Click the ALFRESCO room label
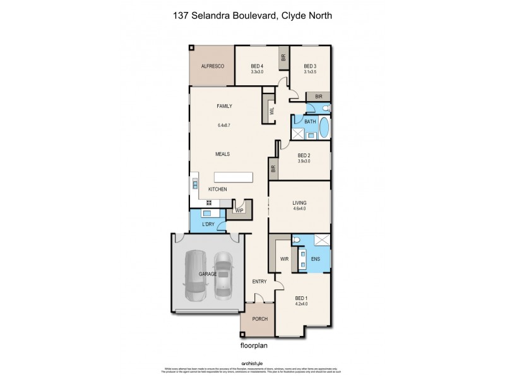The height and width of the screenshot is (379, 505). coord(213,66)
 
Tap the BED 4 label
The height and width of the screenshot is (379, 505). coord(256,66)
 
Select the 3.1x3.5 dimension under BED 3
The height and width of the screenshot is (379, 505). coord(309,73)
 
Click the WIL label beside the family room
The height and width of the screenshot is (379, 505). coord(271,109)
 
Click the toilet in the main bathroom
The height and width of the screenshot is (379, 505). coord(325,109)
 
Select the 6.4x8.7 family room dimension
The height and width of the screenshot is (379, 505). coord(224,125)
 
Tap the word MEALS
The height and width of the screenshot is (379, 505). coord(222,153)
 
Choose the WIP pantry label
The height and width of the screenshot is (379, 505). coord(240,210)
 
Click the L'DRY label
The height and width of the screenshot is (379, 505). coord(208,225)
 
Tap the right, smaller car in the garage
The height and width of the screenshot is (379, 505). coord(223,275)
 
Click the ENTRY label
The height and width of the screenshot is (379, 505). coord(259,281)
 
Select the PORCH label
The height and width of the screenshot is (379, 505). coord(260,319)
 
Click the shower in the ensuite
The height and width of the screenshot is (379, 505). coord(321,240)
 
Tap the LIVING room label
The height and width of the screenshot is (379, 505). coord(299,203)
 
